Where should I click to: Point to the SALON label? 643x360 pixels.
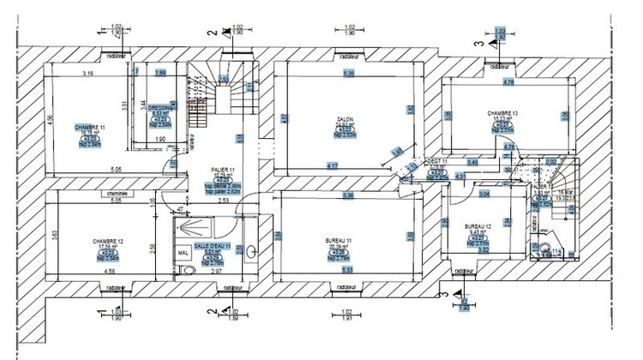click(x=346, y=120)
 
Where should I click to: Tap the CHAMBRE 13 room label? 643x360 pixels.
click(x=503, y=113)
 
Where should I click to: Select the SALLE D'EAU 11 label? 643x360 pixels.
click(x=213, y=246)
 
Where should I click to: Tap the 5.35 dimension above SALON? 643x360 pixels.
click(x=348, y=75)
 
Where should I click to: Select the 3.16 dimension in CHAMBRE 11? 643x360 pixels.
click(x=87, y=75)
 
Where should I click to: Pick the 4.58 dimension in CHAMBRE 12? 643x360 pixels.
click(x=110, y=272)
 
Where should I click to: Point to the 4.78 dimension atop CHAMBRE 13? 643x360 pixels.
click(x=508, y=82)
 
